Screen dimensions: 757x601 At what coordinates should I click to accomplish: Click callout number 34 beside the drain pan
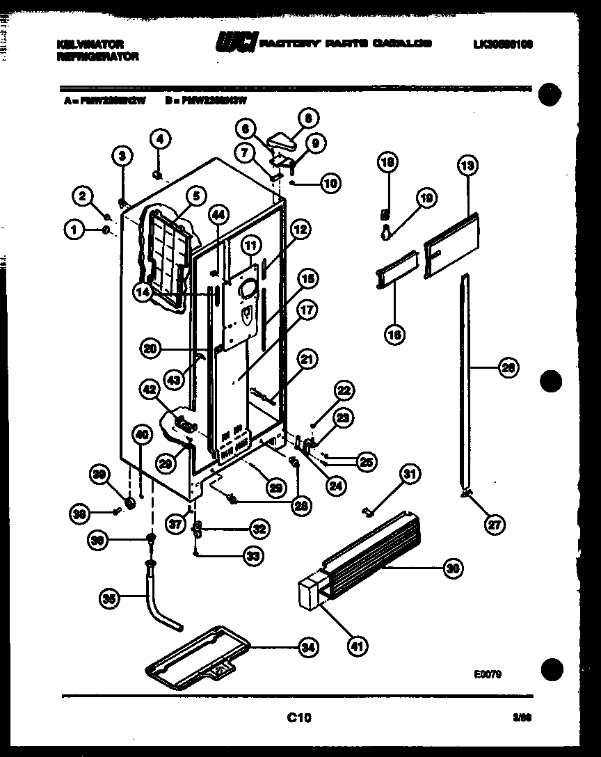point(307,648)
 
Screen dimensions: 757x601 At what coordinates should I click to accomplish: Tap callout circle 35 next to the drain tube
point(109,598)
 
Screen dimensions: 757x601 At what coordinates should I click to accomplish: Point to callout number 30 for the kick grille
point(453,569)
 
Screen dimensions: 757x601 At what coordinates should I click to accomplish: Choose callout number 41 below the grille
point(357,646)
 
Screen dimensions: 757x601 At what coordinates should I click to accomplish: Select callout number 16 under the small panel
point(394,335)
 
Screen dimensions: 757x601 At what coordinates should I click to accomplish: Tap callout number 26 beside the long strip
point(509,369)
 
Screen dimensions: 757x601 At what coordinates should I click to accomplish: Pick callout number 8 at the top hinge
point(308,118)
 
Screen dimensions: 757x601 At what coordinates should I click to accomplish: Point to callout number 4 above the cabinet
point(159,138)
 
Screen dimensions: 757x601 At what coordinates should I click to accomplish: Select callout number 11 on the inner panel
point(250,245)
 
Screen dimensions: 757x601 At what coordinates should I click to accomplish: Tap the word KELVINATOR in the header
point(90,45)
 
